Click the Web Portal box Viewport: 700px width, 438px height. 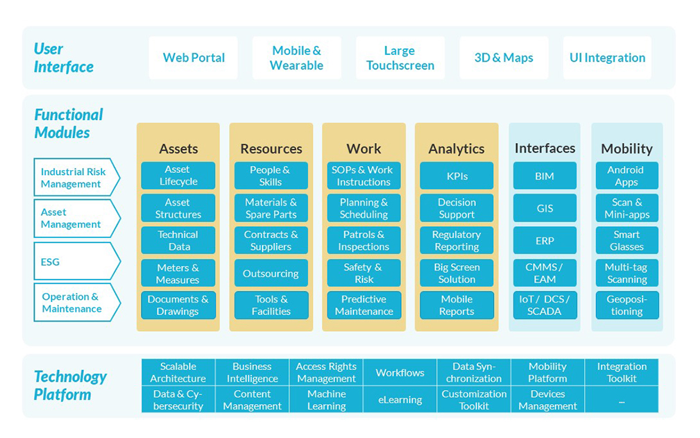coord(194,58)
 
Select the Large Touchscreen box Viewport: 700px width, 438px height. coord(400,58)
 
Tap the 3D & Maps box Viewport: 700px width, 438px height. coord(504,58)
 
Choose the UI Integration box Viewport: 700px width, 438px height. coord(607,58)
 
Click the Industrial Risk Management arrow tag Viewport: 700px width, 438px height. coord(75,178)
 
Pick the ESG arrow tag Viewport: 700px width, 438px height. coord(75,262)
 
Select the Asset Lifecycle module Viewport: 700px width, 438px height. coord(178,176)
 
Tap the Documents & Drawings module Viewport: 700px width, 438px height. coord(178,305)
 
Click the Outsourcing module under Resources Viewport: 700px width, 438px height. coord(271,273)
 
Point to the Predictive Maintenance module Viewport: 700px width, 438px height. coord(364,305)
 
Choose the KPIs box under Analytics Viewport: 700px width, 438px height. coord(456,176)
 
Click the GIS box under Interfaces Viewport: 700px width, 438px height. coord(545,208)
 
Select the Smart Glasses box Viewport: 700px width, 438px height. coord(626,241)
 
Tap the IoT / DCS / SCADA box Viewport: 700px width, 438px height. coord(545,305)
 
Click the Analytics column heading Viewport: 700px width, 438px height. coord(456,149)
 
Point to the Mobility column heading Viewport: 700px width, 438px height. coord(626,149)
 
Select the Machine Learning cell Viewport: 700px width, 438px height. coord(326,400)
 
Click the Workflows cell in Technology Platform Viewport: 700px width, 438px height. coord(400,373)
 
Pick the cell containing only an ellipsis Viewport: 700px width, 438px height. coord(621,400)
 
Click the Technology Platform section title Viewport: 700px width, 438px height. coord(70,385)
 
